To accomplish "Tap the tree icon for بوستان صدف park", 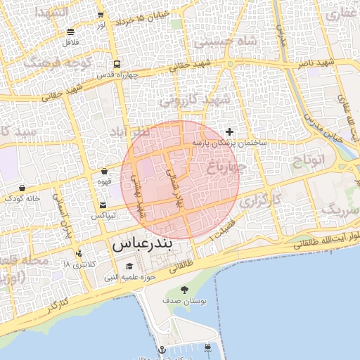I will [x=185, y=290].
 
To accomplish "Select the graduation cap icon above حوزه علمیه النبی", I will [x=129, y=266].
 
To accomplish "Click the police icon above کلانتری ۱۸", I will [x=78, y=253].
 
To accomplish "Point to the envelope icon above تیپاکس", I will [x=103, y=205].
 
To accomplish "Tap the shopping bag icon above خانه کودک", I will [x=23, y=188].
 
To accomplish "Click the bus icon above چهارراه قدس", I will [x=115, y=62].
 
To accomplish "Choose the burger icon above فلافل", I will [x=70, y=32].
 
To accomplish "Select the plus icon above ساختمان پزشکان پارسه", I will [x=229, y=131].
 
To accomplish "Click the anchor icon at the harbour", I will [x=162, y=349].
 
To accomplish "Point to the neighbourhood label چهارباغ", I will [x=225, y=167].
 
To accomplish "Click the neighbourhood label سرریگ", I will [x=340, y=209].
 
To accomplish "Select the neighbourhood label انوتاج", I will [x=309, y=159].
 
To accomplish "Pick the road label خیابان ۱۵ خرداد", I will [x=145, y=15].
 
